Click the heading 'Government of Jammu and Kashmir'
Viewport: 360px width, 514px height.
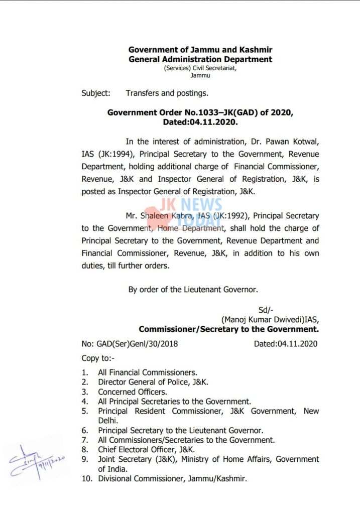pos(200,50)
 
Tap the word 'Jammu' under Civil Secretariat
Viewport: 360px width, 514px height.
pos(200,75)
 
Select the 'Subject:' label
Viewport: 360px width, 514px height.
pos(96,93)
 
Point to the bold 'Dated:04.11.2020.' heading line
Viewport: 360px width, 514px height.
pos(200,122)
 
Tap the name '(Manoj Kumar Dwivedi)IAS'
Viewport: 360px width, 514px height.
pos(270,320)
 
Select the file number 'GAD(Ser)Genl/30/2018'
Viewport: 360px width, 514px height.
pos(130,344)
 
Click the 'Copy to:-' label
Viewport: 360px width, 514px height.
pos(98,358)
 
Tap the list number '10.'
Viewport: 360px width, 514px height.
pos(87,479)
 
